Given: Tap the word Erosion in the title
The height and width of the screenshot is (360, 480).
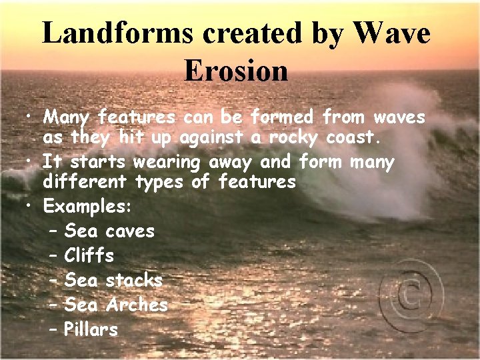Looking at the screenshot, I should point(236,71).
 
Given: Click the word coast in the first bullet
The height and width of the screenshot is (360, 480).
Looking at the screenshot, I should point(354,139).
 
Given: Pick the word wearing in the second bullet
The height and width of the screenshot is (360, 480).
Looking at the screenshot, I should point(169,163).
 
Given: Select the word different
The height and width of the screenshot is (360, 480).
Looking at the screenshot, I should point(86,182).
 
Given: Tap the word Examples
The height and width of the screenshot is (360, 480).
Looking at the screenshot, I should point(87,207).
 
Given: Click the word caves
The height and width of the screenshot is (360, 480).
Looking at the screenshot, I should point(130,231).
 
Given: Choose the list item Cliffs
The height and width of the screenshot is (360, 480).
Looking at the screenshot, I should point(89,255).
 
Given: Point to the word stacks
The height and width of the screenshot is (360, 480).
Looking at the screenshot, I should point(134,280).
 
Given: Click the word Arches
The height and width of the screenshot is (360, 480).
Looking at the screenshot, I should point(137,305).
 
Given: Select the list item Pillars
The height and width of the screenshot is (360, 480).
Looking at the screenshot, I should point(91,329).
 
